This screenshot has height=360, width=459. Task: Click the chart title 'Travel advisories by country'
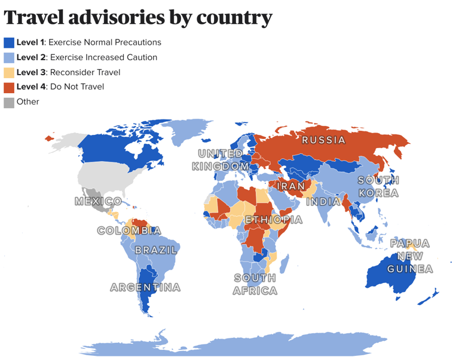click(138, 17)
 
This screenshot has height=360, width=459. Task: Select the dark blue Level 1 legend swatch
click(9, 42)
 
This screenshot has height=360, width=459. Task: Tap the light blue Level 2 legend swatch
click(9, 57)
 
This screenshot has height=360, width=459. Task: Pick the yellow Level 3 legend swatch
click(9, 72)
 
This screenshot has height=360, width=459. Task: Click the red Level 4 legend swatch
click(9, 87)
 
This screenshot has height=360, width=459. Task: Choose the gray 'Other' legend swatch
click(9, 102)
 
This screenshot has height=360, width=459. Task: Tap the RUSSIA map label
click(323, 140)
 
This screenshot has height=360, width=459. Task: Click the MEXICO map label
click(99, 201)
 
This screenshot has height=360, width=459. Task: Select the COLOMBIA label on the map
click(129, 230)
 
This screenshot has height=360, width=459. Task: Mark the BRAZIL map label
click(156, 250)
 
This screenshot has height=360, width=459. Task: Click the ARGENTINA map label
click(145, 288)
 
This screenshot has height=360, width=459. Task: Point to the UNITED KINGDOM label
click(221, 161)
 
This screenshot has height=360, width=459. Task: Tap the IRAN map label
click(290, 186)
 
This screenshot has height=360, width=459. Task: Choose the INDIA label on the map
click(324, 202)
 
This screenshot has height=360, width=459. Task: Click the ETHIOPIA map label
click(274, 220)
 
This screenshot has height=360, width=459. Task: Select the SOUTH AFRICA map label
click(255, 285)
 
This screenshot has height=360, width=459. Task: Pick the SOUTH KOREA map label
click(378, 187)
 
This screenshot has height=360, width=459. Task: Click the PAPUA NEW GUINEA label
click(410, 256)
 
